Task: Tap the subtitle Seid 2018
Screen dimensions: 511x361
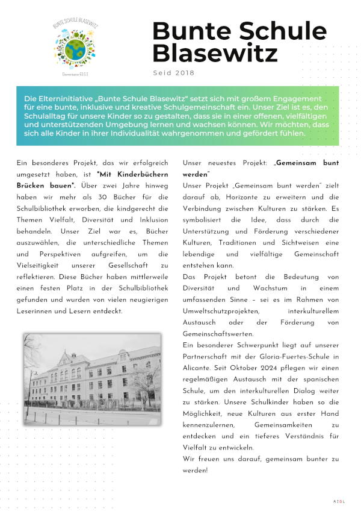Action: pos(174,73)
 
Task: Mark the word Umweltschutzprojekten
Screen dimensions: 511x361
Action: pos(221,312)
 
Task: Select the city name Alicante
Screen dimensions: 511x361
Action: pos(199,369)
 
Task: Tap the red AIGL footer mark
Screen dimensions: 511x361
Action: pos(339,501)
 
